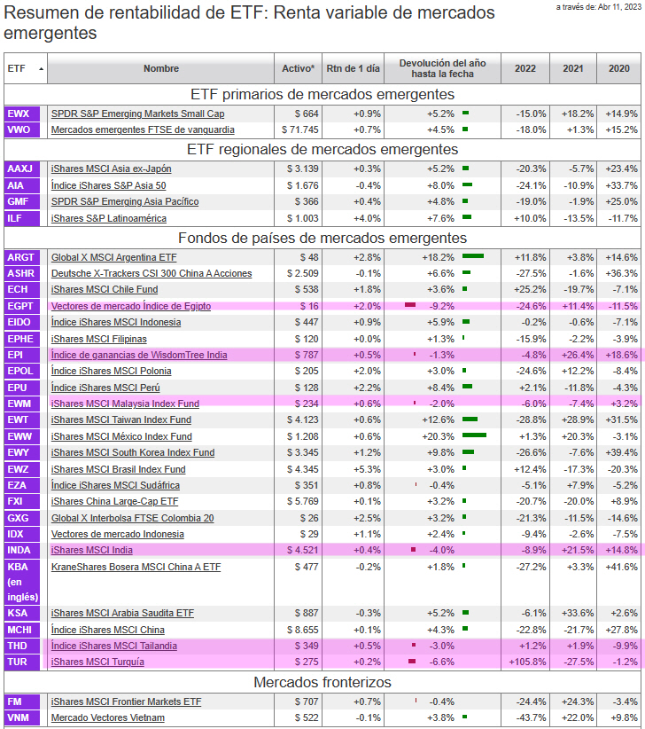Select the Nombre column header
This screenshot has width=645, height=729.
[160, 68]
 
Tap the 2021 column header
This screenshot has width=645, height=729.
[573, 68]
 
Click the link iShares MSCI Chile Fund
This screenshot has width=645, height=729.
[105, 290]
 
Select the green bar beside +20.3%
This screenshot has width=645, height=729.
[474, 436]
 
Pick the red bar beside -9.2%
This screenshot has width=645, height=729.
[410, 306]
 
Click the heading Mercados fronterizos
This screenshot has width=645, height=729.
[322, 683]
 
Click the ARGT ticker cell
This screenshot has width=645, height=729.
[20, 257]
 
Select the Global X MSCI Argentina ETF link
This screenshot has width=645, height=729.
[113, 257]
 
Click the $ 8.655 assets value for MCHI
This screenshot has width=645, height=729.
[302, 630]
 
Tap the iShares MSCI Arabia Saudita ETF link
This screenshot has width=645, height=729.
[122, 613]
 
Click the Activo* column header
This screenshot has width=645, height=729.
[298, 68]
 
